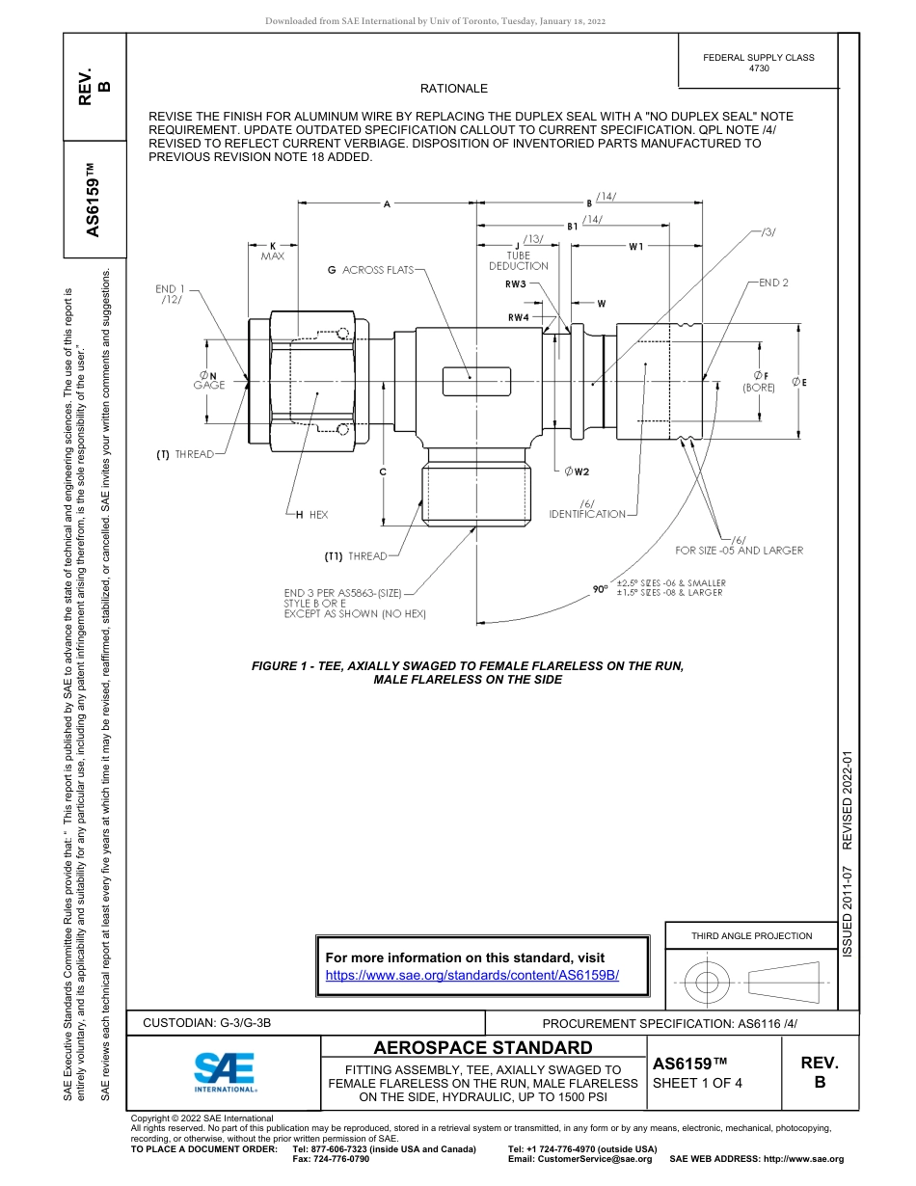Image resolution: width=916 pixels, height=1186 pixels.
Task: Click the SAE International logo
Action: (x=225, y=1069)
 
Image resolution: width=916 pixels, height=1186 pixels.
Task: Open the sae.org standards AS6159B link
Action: (x=471, y=975)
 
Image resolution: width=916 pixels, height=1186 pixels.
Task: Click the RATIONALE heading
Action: (x=454, y=89)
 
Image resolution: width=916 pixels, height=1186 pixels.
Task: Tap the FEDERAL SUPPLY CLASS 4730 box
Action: (x=758, y=63)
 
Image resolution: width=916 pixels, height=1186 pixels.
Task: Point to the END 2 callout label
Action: (x=773, y=283)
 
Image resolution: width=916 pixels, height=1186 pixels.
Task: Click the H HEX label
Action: (x=311, y=515)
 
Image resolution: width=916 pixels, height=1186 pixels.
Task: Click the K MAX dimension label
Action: (x=272, y=251)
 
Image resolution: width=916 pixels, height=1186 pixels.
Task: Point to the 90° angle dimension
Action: (x=601, y=588)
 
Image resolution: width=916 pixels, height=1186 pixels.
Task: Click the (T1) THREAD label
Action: (x=355, y=556)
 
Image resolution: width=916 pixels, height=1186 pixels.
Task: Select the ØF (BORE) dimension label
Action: (x=759, y=381)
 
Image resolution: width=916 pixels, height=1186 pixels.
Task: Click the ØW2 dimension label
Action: (x=577, y=472)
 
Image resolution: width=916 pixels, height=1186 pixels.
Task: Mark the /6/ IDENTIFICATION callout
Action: (x=587, y=509)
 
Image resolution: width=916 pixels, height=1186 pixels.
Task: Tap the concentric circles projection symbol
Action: (x=707, y=983)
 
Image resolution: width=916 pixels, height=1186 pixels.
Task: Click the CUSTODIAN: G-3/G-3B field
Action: (x=214, y=1023)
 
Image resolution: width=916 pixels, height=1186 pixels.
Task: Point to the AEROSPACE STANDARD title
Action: (x=483, y=1047)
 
